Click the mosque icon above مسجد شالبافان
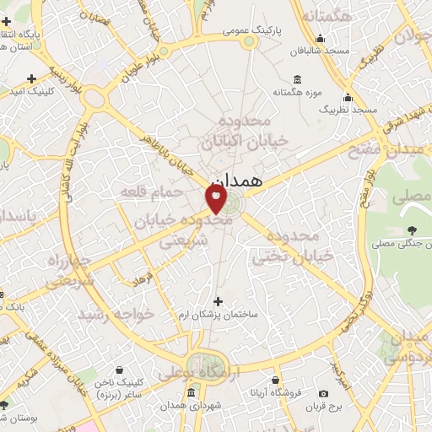click(321, 39)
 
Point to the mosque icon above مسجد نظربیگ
click(348, 98)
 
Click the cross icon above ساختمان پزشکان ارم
click(219, 301)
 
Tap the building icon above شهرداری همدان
click(192, 394)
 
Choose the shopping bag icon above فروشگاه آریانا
click(275, 380)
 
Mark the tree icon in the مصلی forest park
click(412, 230)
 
